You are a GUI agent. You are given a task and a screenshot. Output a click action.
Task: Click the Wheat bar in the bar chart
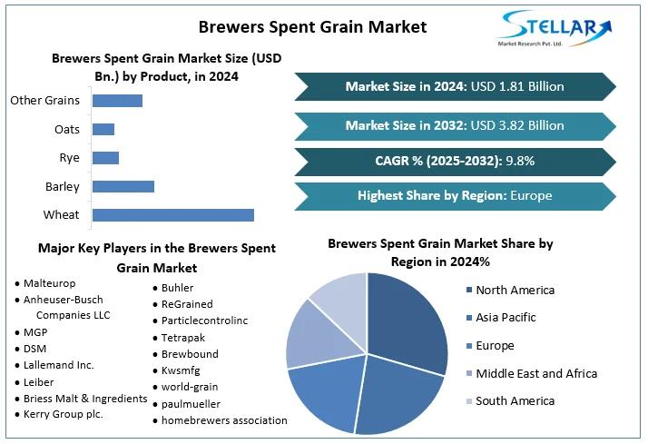pyautogui.click(x=172, y=215)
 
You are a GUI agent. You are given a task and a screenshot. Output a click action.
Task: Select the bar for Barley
pyautogui.click(x=123, y=187)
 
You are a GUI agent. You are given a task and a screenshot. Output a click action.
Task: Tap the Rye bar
pyautogui.click(x=105, y=158)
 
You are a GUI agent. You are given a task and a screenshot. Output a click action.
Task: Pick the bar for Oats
pyautogui.click(x=103, y=129)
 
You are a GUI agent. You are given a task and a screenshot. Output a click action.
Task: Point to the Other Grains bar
pyautogui.click(x=117, y=100)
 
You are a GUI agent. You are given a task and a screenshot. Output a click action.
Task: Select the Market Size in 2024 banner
pyautogui.click(x=455, y=86)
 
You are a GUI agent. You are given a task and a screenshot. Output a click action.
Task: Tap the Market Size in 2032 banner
pyautogui.click(x=455, y=125)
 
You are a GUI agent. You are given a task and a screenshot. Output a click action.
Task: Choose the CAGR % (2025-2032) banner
pyautogui.click(x=455, y=161)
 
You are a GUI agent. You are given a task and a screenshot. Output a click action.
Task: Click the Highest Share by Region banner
pyautogui.click(x=455, y=195)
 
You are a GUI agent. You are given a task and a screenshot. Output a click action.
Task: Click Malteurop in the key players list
pyautogui.click(x=50, y=283)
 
